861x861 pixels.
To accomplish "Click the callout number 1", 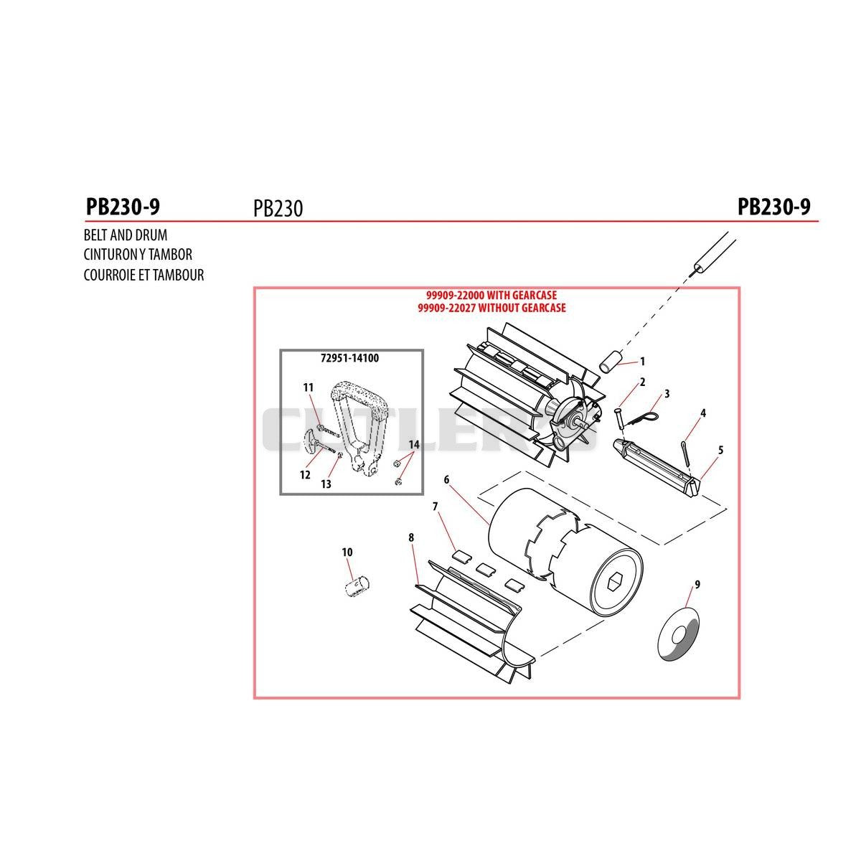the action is click(642, 362).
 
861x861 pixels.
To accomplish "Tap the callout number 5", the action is click(720, 450).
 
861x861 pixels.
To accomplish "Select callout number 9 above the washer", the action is click(697, 585).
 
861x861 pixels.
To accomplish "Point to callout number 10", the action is click(347, 552).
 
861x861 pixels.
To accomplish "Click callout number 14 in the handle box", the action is click(414, 445).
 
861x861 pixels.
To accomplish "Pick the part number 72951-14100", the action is click(350, 358).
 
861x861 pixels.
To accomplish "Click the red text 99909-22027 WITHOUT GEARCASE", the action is click(491, 308).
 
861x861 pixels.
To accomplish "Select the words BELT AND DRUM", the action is click(126, 235).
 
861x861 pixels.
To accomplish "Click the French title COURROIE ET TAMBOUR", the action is click(144, 275).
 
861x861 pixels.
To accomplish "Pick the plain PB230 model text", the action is click(278, 208).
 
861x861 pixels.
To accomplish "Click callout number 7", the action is click(436, 507).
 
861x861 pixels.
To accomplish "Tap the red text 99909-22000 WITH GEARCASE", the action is click(491, 296).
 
